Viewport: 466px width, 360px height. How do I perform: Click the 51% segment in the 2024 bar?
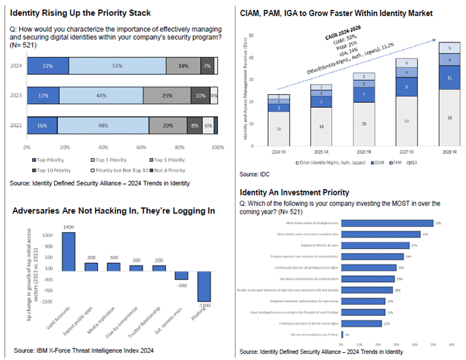117,66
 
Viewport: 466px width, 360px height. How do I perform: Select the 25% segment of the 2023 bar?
167,96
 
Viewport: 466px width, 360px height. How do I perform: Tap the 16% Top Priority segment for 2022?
42,125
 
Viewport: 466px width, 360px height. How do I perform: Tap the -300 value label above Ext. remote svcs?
181,285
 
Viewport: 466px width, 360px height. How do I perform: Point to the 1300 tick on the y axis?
47,235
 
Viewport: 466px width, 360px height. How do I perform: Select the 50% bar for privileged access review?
387,223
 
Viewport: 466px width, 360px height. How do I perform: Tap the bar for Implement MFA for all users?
375,245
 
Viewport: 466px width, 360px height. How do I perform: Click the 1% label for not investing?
346,335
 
